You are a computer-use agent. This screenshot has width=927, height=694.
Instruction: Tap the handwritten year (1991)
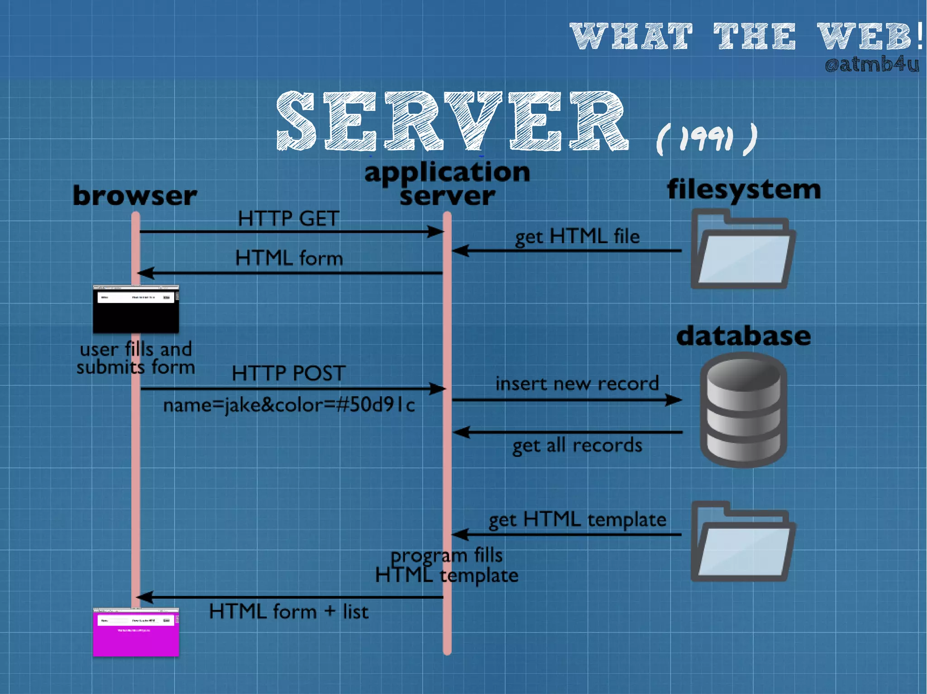706,139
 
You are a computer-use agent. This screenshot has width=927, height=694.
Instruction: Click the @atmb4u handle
872,65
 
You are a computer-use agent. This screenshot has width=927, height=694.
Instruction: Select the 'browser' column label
135,196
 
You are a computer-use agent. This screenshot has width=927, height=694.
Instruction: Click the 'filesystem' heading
744,189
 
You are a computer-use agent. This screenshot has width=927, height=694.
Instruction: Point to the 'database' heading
743,336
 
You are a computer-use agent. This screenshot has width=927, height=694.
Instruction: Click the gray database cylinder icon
743,410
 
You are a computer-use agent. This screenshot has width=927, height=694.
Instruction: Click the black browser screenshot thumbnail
136,310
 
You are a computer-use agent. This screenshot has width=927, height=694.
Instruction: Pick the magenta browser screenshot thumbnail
136,632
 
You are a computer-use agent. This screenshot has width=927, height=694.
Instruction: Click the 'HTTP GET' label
288,219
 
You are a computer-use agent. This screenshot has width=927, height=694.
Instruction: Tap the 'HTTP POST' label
288,373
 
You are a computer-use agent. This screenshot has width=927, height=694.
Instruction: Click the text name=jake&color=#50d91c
289,405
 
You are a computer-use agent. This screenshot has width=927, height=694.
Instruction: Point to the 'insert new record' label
577,384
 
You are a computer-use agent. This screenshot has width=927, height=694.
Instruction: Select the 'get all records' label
577,446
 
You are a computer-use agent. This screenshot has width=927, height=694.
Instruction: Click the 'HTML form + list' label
288,612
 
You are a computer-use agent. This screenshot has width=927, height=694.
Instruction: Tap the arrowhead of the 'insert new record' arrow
674,400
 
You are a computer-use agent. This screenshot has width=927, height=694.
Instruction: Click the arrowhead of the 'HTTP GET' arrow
435,232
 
